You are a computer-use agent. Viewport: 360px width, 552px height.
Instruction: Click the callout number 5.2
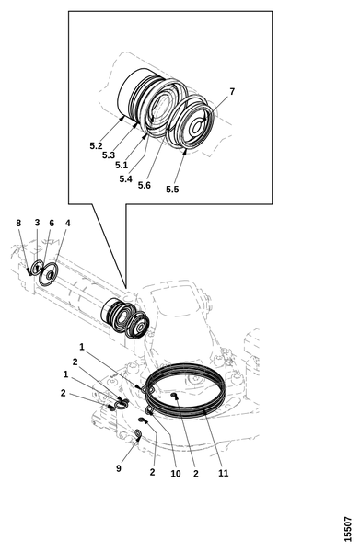pos(96,145)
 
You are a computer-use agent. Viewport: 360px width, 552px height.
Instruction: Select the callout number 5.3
pos(109,155)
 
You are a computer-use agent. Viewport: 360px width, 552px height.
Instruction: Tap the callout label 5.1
pos(122,165)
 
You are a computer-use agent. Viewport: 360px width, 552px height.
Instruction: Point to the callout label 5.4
pos(125,178)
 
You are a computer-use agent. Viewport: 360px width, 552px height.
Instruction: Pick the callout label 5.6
pos(144,185)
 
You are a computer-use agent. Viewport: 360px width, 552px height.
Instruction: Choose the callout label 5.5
pos(172,190)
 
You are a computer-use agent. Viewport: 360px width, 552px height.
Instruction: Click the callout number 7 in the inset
pos(232,91)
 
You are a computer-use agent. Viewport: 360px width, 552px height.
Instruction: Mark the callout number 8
pos(18,223)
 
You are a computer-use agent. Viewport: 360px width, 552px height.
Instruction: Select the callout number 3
pos(38,223)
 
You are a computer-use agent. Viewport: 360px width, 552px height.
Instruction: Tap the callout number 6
pos(52,224)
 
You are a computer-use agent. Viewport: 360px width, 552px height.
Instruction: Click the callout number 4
pos(67,223)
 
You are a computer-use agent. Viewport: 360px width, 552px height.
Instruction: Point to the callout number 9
pos(119,468)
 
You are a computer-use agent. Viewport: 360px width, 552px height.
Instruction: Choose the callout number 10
pos(176,474)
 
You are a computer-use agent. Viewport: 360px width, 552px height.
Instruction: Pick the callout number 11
pos(224,473)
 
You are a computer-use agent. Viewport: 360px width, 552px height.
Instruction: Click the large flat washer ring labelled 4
pos(41,279)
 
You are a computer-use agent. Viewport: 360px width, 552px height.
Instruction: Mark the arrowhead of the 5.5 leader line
pos(185,152)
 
